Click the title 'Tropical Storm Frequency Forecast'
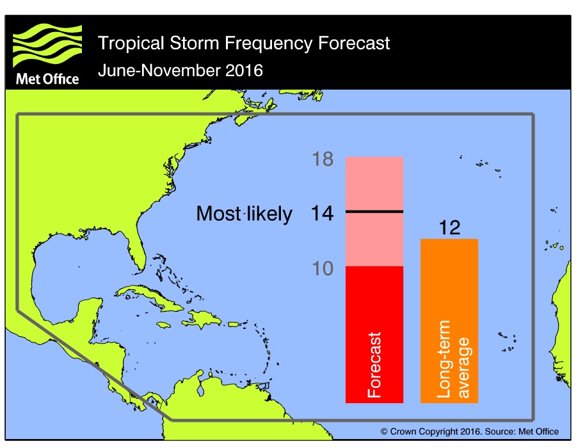(x=243, y=44)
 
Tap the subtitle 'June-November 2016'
(x=180, y=70)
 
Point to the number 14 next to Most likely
(x=322, y=214)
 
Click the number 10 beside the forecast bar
(x=323, y=269)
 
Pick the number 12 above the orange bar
(x=450, y=228)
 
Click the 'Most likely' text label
(x=244, y=214)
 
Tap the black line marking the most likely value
(x=374, y=211)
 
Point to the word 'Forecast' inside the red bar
(x=374, y=365)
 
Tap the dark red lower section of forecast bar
(x=374, y=301)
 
